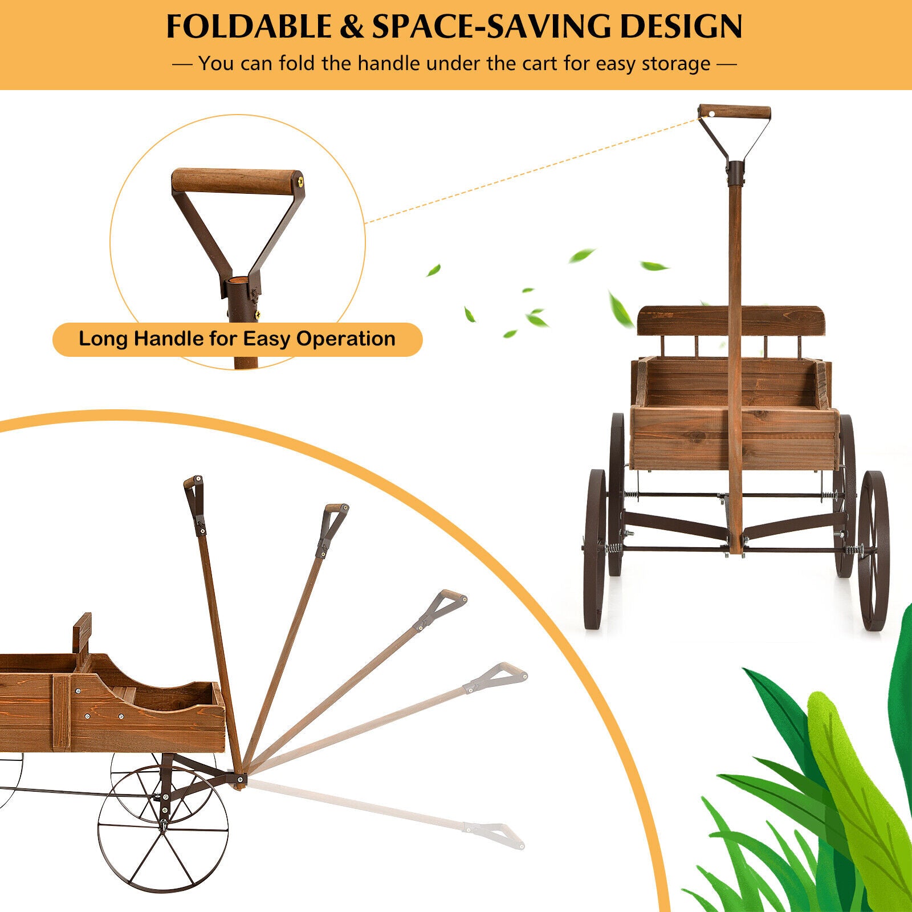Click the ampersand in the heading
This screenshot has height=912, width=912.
[x=351, y=26]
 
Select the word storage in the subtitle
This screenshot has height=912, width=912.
[x=676, y=64]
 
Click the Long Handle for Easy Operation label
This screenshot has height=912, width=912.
[x=237, y=339]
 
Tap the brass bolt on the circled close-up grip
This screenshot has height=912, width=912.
[x=299, y=182]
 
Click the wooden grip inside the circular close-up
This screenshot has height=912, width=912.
[x=237, y=182]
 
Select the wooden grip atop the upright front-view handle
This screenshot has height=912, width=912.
[x=735, y=112]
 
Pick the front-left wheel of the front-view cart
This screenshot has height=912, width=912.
[x=595, y=548]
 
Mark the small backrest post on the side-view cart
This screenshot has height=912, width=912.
[x=83, y=634]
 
